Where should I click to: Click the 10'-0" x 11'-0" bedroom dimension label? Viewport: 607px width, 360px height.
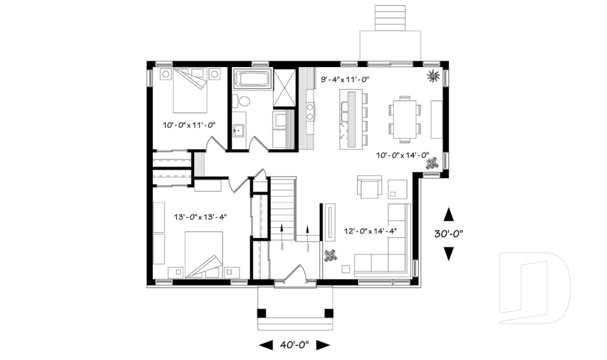[190, 125]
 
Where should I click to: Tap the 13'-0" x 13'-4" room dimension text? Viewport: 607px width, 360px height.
[200, 217]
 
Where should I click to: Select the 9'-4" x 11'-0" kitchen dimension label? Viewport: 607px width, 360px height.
[345, 80]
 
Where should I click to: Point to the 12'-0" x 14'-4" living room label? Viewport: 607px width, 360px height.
[370, 231]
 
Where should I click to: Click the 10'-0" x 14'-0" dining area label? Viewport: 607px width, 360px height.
[403, 155]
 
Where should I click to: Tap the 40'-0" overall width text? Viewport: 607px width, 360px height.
[294, 345]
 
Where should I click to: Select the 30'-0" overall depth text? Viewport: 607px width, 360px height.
[449, 233]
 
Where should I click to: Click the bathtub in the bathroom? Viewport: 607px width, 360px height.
[252, 80]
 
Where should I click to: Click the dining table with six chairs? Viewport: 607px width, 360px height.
[402, 117]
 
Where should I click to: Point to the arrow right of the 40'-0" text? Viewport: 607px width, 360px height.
[323, 345]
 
